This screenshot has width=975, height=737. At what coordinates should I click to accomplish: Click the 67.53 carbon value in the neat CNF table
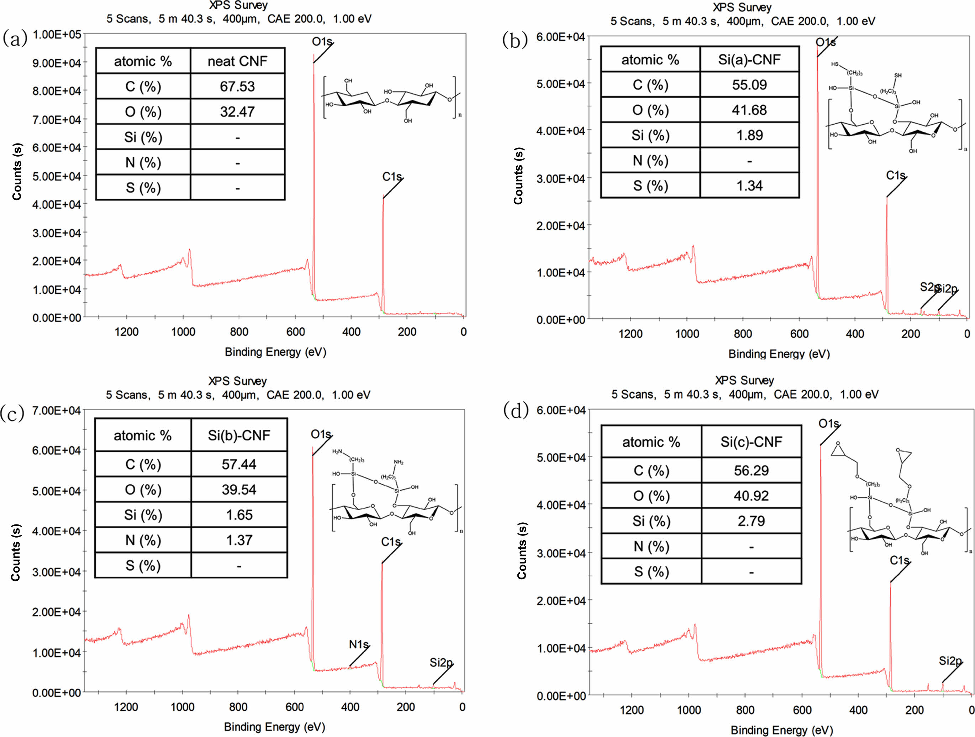[x=237, y=87]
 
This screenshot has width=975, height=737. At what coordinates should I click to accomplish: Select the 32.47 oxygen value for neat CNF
[x=237, y=111]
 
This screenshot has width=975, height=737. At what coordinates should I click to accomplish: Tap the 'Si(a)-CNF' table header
[x=749, y=59]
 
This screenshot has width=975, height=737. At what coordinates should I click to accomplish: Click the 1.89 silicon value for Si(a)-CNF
[x=749, y=135]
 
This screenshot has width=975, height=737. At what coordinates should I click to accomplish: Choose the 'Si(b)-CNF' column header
[x=239, y=436]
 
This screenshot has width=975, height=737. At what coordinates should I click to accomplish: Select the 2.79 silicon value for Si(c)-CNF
[x=751, y=521]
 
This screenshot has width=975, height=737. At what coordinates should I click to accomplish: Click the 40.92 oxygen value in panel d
[x=751, y=496]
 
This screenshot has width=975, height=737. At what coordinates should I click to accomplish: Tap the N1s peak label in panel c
[x=358, y=645]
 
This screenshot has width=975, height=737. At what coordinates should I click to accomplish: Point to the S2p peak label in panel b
[x=929, y=287]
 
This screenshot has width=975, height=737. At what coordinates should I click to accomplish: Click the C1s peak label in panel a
[x=392, y=177]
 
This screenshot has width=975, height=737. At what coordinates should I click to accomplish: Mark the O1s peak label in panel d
[x=829, y=424]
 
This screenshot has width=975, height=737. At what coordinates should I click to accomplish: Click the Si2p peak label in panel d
[x=950, y=661]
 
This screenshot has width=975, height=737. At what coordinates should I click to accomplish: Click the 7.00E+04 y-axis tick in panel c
[x=57, y=411]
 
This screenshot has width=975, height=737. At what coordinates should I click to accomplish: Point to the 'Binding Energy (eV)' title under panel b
[x=779, y=354]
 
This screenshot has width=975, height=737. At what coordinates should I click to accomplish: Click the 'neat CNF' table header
[x=237, y=61]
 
